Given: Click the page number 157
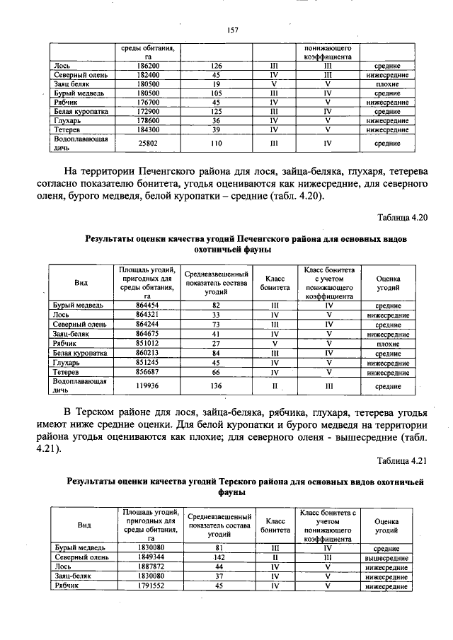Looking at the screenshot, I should tap(231, 29).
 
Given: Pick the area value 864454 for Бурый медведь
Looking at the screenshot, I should tap(147, 306).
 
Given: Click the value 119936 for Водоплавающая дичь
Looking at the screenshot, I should tap(147, 386).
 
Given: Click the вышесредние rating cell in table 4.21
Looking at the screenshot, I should tap(388, 557).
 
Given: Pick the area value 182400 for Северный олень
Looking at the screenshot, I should tap(148, 74).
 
